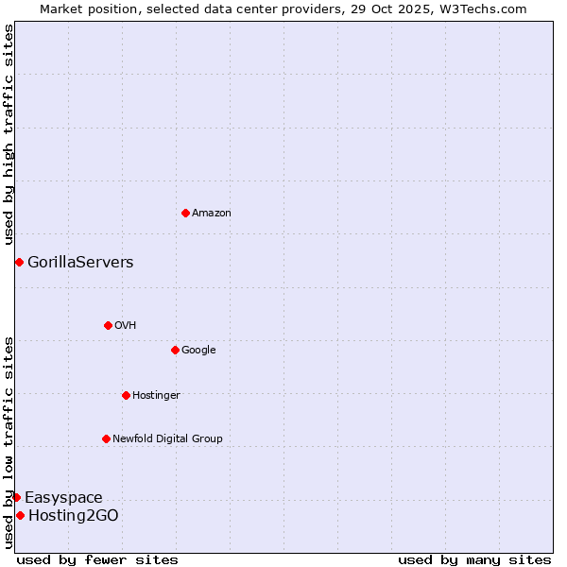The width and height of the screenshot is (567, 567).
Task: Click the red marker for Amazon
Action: (185, 213)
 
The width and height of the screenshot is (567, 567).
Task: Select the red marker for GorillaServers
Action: (19, 262)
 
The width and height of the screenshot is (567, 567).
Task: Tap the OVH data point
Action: (108, 325)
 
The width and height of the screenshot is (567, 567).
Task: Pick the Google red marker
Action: (175, 350)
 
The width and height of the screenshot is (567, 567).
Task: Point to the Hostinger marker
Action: (126, 395)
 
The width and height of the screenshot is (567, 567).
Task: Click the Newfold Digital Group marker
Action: (106, 438)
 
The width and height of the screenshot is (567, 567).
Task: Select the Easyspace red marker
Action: (16, 497)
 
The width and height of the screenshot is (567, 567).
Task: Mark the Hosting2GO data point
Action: (20, 515)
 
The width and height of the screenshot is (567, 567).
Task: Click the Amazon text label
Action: (212, 214)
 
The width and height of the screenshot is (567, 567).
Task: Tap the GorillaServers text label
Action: (80, 263)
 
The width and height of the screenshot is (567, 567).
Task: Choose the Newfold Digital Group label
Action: (167, 438)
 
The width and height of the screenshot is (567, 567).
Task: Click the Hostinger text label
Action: (156, 395)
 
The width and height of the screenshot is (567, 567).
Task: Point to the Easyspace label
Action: (63, 498)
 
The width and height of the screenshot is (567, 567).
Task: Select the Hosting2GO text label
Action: (74, 516)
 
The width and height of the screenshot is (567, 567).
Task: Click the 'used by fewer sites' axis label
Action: (97, 559)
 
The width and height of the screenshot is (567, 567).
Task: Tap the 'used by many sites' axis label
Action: (474, 559)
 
